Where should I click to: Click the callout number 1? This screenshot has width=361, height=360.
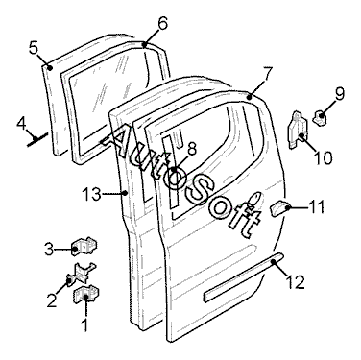tap(85, 324)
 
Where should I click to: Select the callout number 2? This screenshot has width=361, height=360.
tap(52, 300)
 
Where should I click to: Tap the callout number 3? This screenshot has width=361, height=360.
tap(48, 249)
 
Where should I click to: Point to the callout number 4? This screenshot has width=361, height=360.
tap(21, 125)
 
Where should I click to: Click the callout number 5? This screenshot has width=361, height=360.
tap(34, 49)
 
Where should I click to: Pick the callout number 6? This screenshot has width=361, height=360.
tap(162, 23)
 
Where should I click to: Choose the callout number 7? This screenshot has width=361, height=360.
tap(268, 74)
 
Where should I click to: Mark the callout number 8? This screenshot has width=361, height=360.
tap(191, 149)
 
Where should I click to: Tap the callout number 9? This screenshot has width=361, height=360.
tap(339, 94)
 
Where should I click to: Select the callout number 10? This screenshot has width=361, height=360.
tap(323, 158)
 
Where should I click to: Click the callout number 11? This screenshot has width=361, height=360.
tap(316, 206)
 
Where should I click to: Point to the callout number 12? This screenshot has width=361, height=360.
tap(295, 282)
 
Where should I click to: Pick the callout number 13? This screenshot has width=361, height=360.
tap(91, 194)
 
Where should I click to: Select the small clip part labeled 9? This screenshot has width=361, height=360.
tap(320, 117)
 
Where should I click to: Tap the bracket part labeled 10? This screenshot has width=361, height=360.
tap(297, 130)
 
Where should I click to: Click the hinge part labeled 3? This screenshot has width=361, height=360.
tap(84, 247)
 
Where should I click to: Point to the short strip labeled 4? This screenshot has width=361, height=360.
tap(37, 139)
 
